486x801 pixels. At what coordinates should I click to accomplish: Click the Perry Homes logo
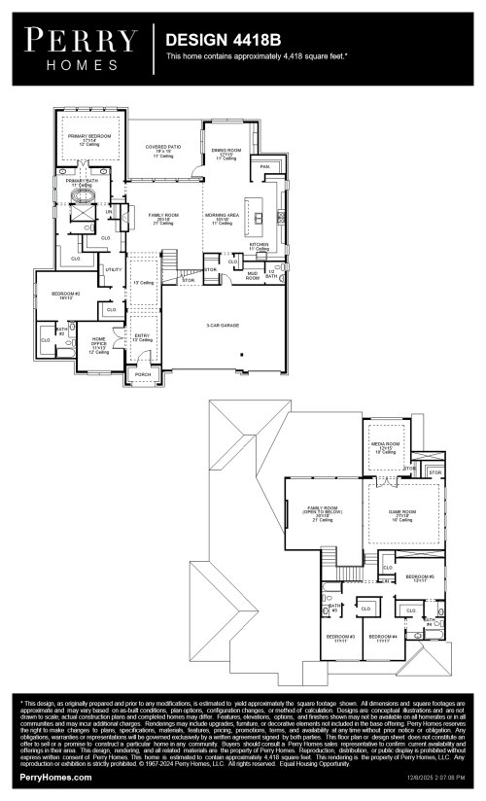coord(81,46)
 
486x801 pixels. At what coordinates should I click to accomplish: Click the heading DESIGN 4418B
coord(223,39)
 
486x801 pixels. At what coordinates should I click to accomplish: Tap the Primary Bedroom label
coord(89,138)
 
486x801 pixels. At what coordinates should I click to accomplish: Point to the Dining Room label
coord(224,153)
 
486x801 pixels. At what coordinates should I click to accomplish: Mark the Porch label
coord(142,373)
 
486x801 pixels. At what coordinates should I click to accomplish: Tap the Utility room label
coord(113,269)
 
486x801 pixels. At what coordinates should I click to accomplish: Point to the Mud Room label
coord(253,276)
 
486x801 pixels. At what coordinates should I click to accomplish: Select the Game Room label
coord(402,514)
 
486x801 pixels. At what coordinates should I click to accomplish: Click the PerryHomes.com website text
coord(55,778)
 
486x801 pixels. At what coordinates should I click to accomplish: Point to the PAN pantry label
coord(264,167)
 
